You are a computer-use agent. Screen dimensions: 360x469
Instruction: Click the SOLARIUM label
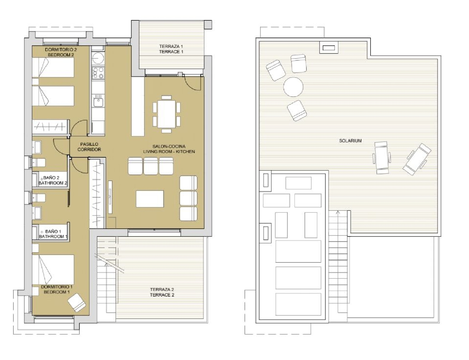click(x=350, y=141)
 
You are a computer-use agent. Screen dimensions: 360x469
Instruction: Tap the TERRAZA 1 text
click(x=171, y=47)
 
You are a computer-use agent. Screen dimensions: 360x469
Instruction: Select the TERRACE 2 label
click(x=162, y=295)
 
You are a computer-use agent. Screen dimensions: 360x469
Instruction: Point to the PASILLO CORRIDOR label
click(x=89, y=147)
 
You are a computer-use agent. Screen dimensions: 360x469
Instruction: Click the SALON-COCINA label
click(x=169, y=146)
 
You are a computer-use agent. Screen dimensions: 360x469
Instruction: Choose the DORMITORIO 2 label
click(x=61, y=49)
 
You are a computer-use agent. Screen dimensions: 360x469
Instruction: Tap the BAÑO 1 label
click(x=53, y=231)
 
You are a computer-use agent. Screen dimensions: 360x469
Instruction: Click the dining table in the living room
click(x=166, y=114)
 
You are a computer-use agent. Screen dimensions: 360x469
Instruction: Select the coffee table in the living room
click(x=150, y=199)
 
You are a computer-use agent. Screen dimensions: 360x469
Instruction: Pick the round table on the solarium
click(x=293, y=87)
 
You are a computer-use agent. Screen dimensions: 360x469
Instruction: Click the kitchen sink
click(x=98, y=101)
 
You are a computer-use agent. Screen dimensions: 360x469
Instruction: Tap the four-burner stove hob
click(x=98, y=73)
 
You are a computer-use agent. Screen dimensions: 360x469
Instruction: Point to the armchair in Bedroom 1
click(x=76, y=302)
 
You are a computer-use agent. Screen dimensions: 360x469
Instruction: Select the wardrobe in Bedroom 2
click(x=50, y=126)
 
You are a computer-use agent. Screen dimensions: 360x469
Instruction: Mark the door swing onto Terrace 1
click(x=193, y=83)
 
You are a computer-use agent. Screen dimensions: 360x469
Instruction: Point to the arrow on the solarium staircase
click(x=338, y=213)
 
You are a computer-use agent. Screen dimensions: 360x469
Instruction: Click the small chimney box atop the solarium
click(x=328, y=48)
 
